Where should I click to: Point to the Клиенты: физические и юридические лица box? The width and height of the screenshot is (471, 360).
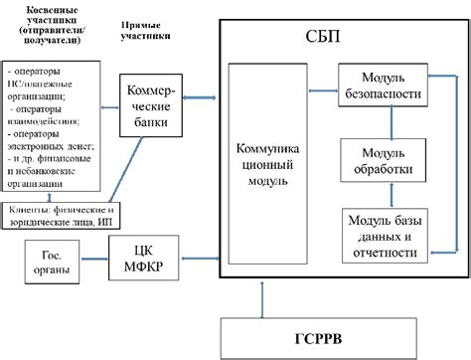[63, 215]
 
